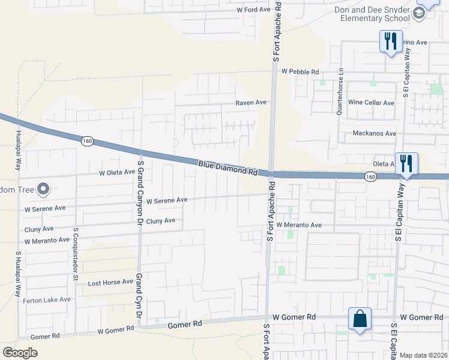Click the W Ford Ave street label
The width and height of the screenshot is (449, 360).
click(x=254, y=10)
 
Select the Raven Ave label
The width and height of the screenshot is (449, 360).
click(x=250, y=103)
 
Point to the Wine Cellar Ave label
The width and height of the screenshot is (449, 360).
click(x=371, y=103)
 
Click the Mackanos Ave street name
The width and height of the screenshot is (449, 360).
click(x=375, y=133)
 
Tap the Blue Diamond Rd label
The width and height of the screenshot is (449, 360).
click(x=228, y=167)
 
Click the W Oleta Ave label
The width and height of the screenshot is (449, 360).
click(x=117, y=172)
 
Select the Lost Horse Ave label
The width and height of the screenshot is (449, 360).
click(x=110, y=282)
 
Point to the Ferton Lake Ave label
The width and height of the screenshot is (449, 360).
click(x=47, y=299)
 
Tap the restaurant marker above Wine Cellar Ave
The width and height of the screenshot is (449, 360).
click(x=390, y=41)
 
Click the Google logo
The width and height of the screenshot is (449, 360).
click(x=20, y=353)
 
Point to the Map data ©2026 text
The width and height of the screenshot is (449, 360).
click(x=424, y=355)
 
